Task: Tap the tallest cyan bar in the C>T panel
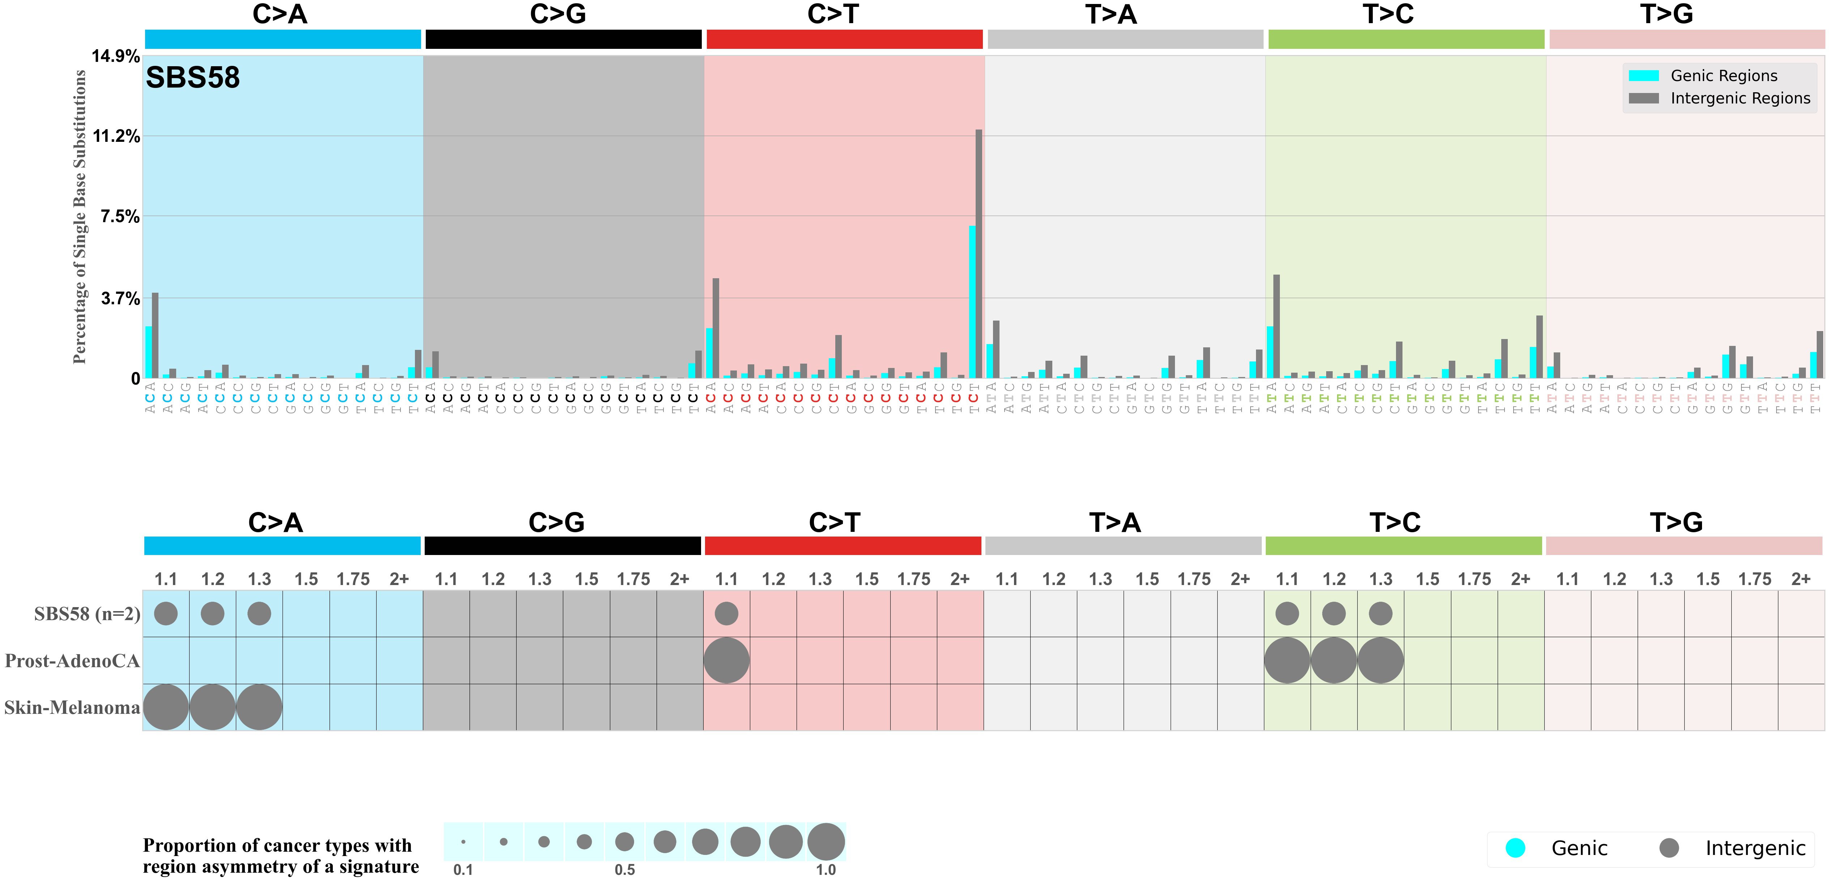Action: click(972, 302)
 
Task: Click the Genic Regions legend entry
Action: click(1723, 76)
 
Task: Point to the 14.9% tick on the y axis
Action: click(116, 56)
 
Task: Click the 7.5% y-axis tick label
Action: click(120, 216)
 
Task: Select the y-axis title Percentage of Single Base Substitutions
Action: click(80, 216)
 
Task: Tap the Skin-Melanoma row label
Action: click(72, 708)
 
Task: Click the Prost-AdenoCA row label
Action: click(72, 661)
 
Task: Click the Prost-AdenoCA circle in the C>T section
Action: click(726, 660)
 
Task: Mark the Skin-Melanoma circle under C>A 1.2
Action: click(212, 707)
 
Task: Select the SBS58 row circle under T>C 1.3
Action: click(1380, 613)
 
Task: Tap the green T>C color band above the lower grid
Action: click(1404, 546)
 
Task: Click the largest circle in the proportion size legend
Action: click(826, 842)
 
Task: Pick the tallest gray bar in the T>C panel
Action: click(1277, 327)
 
